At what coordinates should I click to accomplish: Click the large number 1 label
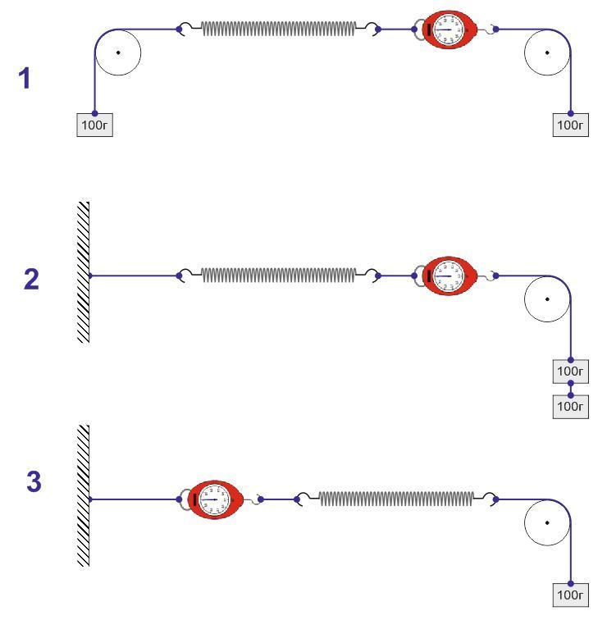click(26, 80)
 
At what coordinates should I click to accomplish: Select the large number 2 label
click(31, 280)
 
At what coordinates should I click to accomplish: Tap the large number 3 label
click(33, 481)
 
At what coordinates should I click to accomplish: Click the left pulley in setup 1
click(118, 52)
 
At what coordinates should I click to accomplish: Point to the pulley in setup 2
click(547, 299)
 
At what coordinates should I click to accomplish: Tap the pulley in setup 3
click(547, 522)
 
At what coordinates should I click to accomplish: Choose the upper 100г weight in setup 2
click(571, 371)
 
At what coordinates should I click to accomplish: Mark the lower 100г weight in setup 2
click(571, 406)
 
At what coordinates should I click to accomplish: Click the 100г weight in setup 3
click(571, 595)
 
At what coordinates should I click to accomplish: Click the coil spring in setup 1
click(279, 30)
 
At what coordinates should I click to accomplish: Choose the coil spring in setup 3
click(396, 499)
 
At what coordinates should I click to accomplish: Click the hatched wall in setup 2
click(83, 271)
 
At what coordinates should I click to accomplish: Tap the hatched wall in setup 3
click(83, 495)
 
